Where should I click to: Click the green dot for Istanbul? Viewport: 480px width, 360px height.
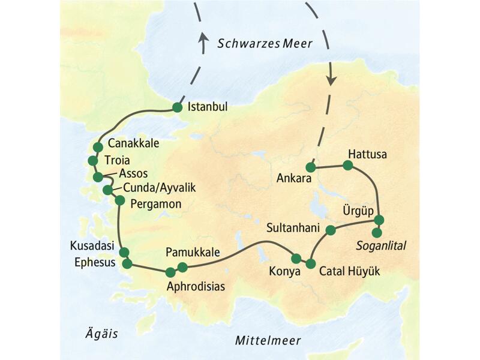tap(177, 107)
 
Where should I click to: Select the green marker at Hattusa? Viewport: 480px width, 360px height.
tap(347, 165)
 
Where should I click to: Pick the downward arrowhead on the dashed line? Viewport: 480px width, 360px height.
tap(330, 81)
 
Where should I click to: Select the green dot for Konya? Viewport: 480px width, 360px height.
tap(296, 259)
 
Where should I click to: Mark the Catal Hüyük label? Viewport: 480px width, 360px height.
tap(349, 272)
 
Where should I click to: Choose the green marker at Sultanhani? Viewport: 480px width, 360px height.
tap(330, 229)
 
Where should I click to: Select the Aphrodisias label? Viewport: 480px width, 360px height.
tap(197, 286)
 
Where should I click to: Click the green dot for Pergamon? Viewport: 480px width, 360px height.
tap(119, 200)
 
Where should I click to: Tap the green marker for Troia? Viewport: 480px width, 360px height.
tap(92, 161)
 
